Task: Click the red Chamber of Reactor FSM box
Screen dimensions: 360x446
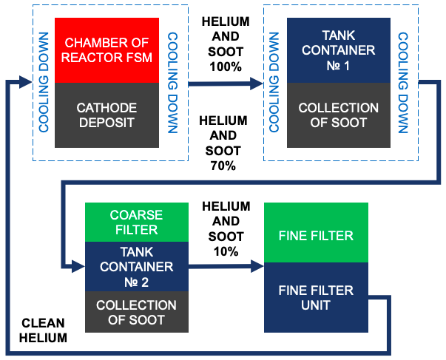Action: pos(107,50)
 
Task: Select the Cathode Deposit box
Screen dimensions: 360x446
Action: pos(107,115)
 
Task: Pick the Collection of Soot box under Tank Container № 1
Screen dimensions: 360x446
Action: pos(339,115)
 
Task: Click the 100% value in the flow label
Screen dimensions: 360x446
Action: pos(225,67)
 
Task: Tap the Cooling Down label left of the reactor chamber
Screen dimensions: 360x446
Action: pos(44,81)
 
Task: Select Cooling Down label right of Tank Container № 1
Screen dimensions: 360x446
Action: pos(404,81)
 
